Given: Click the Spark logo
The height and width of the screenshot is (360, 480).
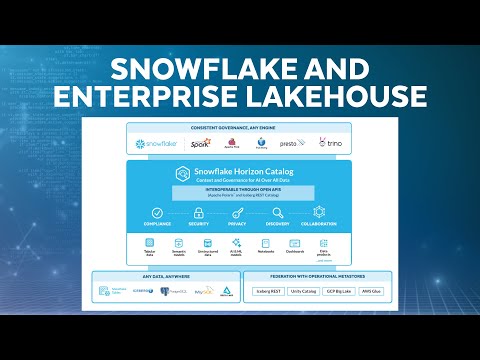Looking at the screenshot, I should [203, 144].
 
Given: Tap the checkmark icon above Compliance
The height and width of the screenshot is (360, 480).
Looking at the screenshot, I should [157, 212].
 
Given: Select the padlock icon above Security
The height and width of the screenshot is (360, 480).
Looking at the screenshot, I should [198, 212].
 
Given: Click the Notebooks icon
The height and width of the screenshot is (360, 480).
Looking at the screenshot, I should [266, 243].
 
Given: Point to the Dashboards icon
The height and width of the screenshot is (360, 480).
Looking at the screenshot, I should [295, 243].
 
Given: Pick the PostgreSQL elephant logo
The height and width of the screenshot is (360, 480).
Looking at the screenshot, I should [165, 292].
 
